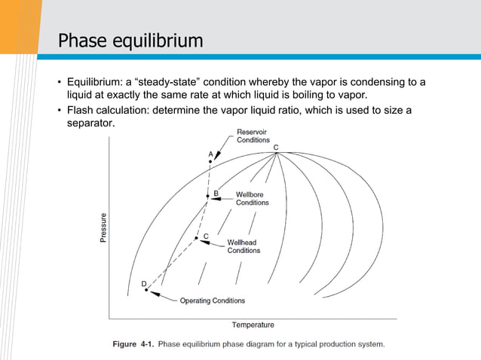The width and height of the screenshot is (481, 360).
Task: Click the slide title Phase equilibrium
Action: click(x=131, y=40)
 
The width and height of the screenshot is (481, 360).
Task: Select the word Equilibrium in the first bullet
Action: click(x=96, y=81)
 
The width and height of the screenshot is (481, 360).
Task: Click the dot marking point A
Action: click(x=210, y=161)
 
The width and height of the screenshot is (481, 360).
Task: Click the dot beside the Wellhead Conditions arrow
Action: click(x=197, y=238)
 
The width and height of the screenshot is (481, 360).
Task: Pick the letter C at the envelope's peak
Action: click(x=276, y=148)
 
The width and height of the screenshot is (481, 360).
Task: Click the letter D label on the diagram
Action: click(x=143, y=282)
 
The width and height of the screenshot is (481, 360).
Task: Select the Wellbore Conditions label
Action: click(x=252, y=198)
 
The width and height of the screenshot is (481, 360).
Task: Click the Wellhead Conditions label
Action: click(x=244, y=246)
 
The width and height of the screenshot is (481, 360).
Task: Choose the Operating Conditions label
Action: click(x=212, y=301)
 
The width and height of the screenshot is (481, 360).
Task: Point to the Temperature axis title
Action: click(x=253, y=325)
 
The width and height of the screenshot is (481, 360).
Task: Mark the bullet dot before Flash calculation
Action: click(x=60, y=111)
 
